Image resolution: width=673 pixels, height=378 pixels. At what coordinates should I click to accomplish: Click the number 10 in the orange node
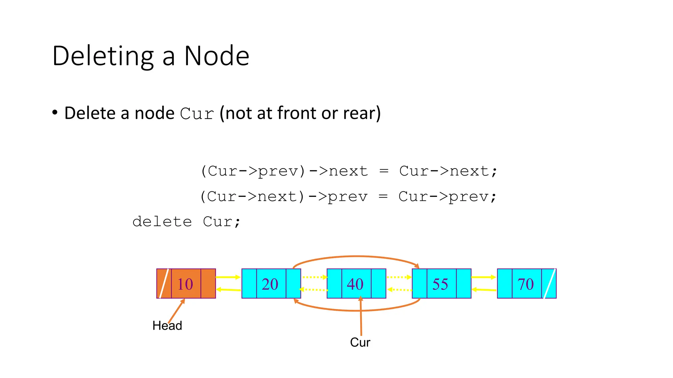185,284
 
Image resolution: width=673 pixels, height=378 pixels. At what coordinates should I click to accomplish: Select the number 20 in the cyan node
270,284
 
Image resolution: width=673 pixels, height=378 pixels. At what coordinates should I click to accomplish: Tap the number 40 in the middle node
355,284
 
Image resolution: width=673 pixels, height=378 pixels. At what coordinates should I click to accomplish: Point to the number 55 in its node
440,284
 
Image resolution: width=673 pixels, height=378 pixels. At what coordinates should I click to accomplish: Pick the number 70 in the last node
525,284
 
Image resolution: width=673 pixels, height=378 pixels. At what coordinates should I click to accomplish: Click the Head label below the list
167,326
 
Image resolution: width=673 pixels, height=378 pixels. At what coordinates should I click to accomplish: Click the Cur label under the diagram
360,343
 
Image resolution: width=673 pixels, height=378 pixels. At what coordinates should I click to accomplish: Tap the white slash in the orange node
164,283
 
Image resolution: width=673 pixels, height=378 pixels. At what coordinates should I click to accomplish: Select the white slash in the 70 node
549,283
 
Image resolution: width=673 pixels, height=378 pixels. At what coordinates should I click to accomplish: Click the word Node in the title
217,56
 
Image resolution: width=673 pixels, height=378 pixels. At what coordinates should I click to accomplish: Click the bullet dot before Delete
55,113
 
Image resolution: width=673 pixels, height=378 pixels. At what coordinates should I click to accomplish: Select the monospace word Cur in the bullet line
197,114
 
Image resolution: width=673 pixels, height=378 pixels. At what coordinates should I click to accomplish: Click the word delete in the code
162,222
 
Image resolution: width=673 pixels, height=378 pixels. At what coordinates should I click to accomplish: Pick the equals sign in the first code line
384,171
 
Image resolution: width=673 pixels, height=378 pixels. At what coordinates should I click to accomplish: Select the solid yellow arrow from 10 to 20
228,277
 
